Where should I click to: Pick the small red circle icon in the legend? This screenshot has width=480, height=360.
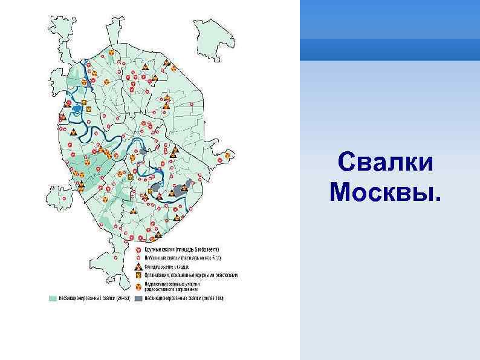tap(138, 258)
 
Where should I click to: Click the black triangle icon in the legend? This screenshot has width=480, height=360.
tap(138, 266)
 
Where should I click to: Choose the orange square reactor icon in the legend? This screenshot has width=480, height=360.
tap(138, 275)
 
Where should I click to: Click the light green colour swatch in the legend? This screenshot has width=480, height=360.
tap(53, 298)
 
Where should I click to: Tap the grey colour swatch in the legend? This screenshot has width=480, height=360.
tap(138, 298)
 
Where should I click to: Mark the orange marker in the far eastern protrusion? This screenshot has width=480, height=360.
tap(227, 157)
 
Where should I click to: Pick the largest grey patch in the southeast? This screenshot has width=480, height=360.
tap(181, 188)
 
